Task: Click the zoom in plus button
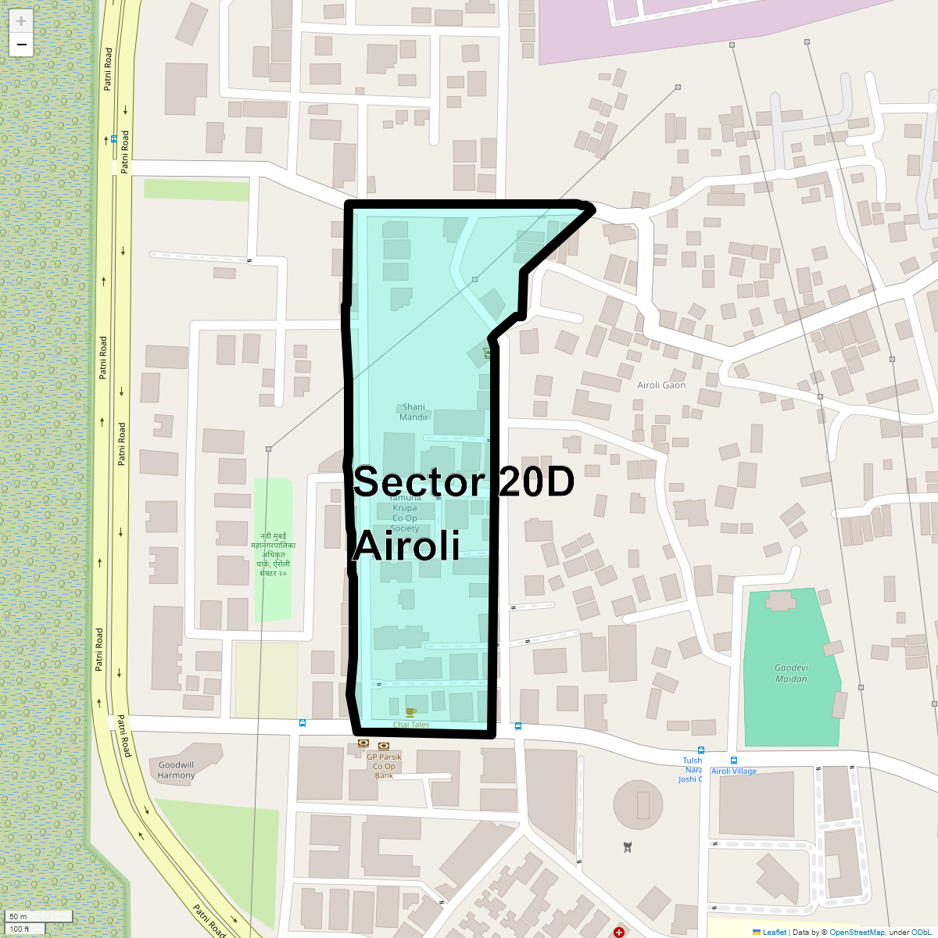21,21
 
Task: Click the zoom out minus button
21,45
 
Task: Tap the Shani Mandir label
414,412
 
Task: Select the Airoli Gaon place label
661,385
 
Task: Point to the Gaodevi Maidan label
791,673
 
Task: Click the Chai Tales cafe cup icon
410,712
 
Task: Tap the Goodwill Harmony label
176,770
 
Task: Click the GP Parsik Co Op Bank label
384,766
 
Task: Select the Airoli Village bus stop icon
733,761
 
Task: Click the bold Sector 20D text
464,482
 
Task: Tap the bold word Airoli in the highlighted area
406,546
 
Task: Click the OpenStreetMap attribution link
857,932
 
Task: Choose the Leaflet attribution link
774,932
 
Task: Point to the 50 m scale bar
39,916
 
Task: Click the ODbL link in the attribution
920,932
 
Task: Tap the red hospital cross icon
619,932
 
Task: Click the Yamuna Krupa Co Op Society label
405,513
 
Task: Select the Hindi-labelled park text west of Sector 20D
273,554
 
